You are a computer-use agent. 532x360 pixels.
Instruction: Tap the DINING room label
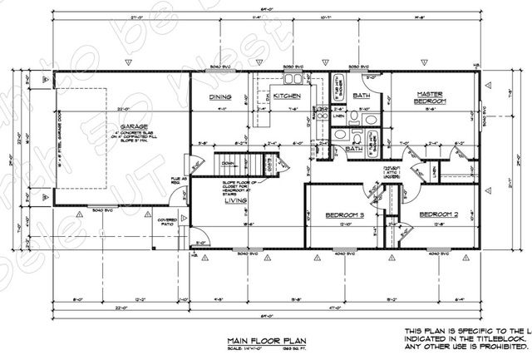point(219,96)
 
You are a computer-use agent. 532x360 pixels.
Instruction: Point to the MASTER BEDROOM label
point(431,97)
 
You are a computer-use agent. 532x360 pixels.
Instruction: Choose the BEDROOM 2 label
point(438,215)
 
